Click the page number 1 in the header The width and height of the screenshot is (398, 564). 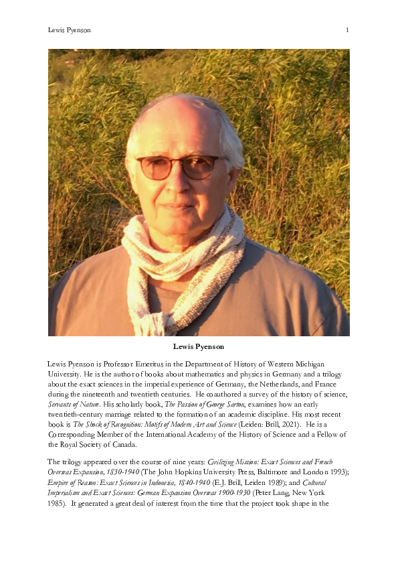pyautogui.click(x=347, y=30)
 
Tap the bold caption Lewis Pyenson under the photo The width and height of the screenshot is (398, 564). pyautogui.click(x=199, y=346)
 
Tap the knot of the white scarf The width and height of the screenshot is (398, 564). pyautogui.click(x=175, y=268)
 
